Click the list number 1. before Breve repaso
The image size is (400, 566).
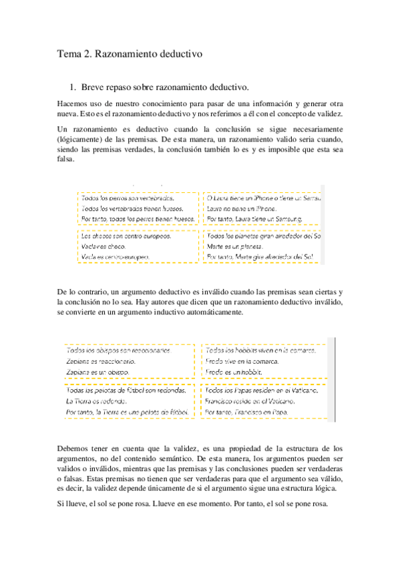tap(74, 87)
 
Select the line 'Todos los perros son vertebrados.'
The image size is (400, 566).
tap(128, 198)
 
